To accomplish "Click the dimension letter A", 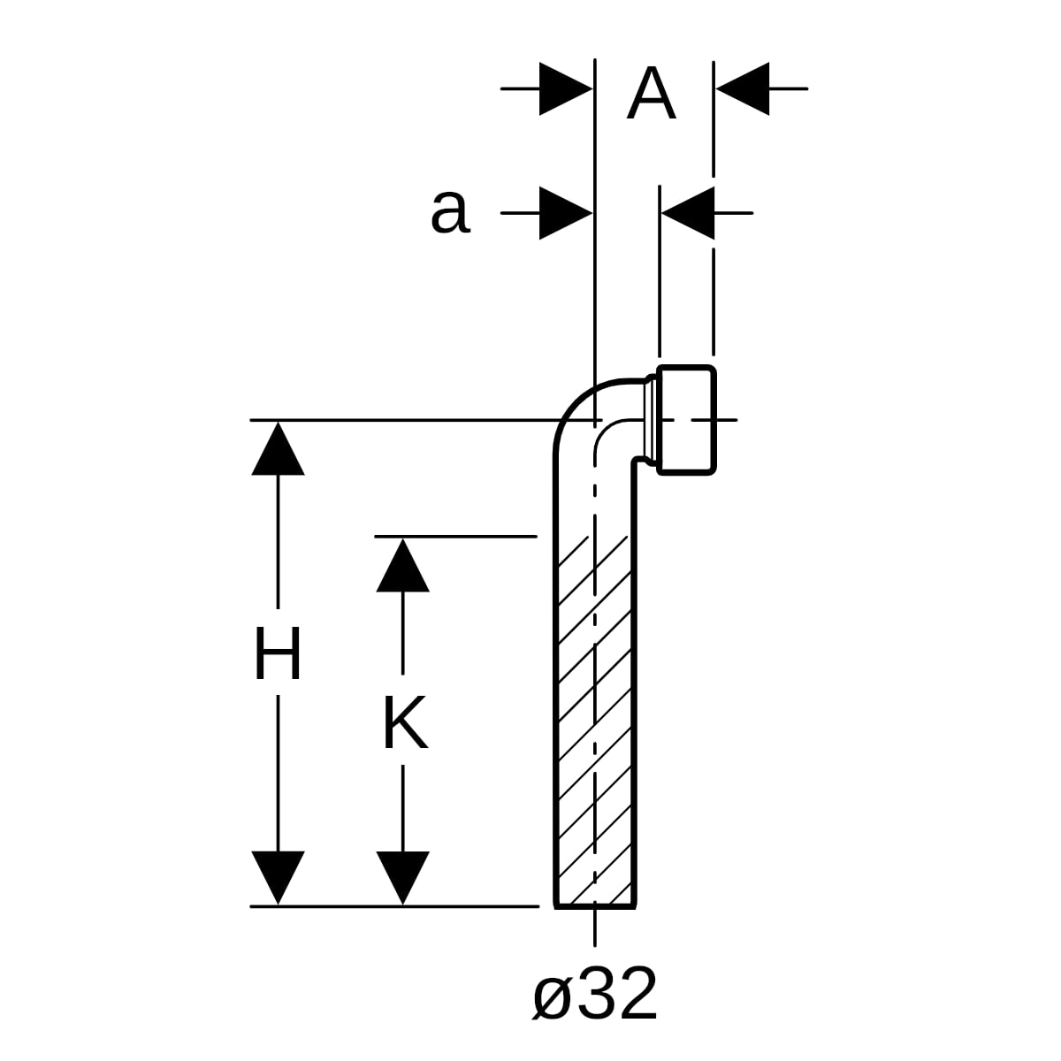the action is [x=651, y=93].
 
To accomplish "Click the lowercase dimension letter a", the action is [x=450, y=213].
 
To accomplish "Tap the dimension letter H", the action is [x=278, y=653].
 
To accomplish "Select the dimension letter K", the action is [x=405, y=722].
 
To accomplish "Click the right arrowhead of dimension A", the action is [x=743, y=88].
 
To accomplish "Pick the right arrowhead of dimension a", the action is [x=688, y=213].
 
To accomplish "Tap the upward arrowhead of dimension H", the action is [x=278, y=448].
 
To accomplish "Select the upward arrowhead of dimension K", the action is [x=402, y=565].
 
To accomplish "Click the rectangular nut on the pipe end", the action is [x=687, y=420].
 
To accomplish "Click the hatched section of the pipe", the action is [x=595, y=721].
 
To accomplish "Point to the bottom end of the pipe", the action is [x=595, y=907].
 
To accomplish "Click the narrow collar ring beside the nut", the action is [x=651, y=420].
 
